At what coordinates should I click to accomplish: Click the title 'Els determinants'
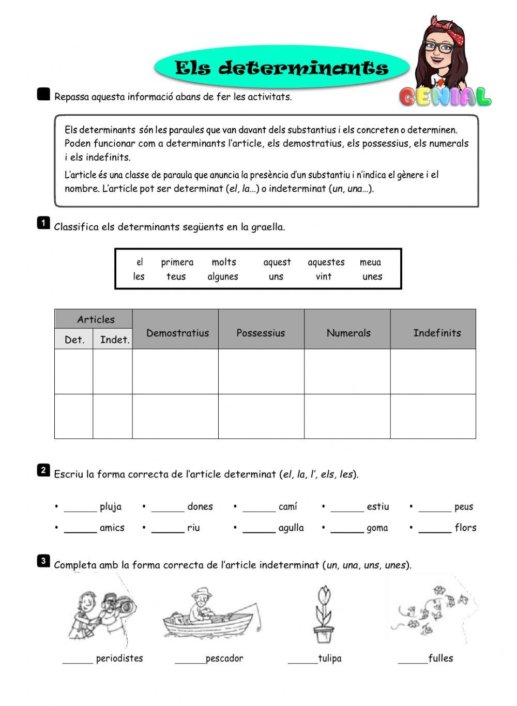tap(281, 68)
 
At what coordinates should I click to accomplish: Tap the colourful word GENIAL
tap(445, 97)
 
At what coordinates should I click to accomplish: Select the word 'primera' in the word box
tap(177, 262)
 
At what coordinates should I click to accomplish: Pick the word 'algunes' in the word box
tap(223, 277)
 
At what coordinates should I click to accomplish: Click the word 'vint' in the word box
tap(324, 277)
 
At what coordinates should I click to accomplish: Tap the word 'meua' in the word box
tap(370, 262)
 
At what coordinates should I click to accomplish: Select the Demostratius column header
tap(177, 333)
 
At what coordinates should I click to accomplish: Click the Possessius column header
tap(261, 333)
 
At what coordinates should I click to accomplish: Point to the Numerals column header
tap(348, 333)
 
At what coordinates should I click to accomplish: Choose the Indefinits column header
tap(437, 333)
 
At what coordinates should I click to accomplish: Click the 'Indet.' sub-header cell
tap(114, 340)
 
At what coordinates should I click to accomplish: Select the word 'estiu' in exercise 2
tap(377, 507)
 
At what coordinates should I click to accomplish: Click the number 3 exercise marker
tap(43, 561)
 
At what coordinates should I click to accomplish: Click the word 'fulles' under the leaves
tap(440, 658)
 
